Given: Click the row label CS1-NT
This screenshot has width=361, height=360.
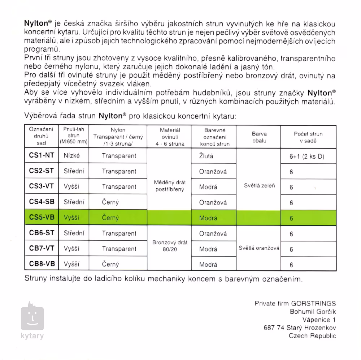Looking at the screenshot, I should click(x=41, y=156).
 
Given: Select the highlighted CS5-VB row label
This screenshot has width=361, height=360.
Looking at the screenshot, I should click(x=42, y=218).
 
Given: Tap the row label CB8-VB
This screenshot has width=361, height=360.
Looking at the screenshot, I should click(x=42, y=264).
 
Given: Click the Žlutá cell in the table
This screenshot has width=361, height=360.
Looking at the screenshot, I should click(x=206, y=156).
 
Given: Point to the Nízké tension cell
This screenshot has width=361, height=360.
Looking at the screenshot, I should click(x=71, y=156).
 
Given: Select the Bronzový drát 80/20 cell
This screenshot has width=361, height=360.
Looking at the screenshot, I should click(x=170, y=246).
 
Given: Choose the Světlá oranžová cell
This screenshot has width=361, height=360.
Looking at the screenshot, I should click(x=259, y=248).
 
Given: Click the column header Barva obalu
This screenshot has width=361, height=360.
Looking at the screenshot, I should click(x=259, y=137).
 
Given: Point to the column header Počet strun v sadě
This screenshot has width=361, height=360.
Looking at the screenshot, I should click(x=308, y=137).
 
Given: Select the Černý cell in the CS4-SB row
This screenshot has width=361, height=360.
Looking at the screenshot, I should click(x=110, y=202).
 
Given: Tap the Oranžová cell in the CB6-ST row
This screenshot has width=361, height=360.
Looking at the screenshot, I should click(x=213, y=233).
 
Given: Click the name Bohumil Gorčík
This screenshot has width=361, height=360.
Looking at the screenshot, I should click(x=313, y=312).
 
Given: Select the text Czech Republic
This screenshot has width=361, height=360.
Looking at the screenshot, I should click(x=312, y=336).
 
